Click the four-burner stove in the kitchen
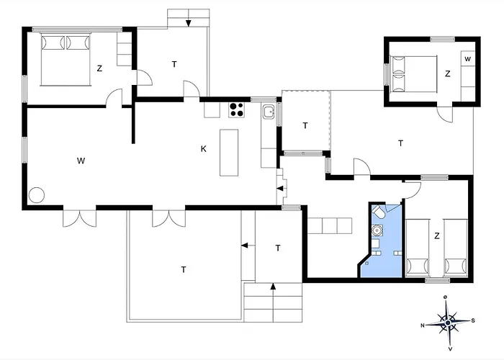[237, 110]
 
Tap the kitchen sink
[269, 112]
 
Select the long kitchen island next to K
[229, 152]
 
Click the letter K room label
[204, 149]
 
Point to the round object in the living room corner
[37, 194]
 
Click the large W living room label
[81, 160]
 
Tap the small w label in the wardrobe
[467, 58]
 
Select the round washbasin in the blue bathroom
[377, 231]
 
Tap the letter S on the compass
[472, 320]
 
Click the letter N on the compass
[423, 325]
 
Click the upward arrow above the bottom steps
[273, 289]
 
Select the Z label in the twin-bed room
[436, 235]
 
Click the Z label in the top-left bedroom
[99, 68]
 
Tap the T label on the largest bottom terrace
[183, 269]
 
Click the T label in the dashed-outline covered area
[305, 125]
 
